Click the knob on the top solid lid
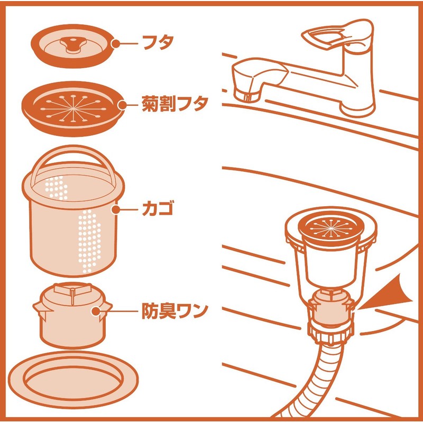pyautogui.click(x=71, y=43)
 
